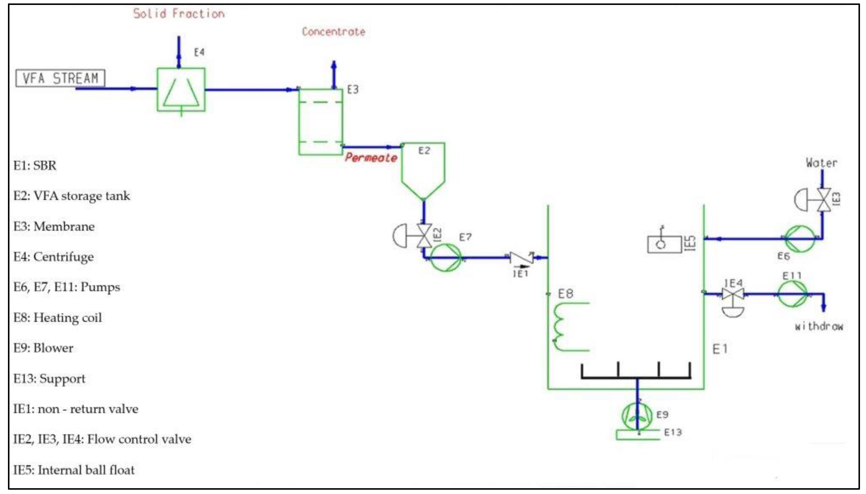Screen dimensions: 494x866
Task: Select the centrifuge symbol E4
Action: tap(181, 90)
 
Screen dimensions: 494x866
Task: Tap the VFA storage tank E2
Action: tap(423, 170)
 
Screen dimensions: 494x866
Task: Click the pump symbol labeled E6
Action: tap(800, 239)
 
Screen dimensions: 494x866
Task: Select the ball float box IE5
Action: tap(664, 244)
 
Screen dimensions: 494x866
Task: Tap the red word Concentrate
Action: tap(334, 32)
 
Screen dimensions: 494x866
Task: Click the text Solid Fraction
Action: tap(178, 14)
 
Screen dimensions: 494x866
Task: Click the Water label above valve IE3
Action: tap(821, 163)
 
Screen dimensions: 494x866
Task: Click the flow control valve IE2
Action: tap(424, 236)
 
